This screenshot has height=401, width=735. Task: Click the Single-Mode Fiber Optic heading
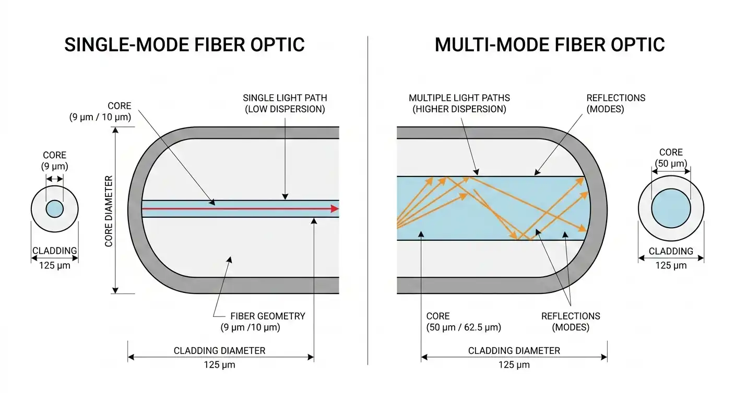coord(184,45)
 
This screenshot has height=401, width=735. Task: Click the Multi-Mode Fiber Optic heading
coord(550,45)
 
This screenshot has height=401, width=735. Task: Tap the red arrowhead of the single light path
coord(335,209)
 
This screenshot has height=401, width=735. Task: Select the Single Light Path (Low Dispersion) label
coord(285,103)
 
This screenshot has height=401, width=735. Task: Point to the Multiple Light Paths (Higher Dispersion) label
coord(459,103)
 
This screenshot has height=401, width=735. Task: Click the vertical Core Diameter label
coord(109,211)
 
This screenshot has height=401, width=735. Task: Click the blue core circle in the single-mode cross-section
coord(55,209)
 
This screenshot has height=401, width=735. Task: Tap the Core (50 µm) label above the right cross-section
coord(671,158)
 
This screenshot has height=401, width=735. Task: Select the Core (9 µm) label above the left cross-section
coord(55,161)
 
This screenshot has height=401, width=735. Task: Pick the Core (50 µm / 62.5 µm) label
coord(464,322)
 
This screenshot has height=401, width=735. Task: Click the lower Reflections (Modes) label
coord(571,322)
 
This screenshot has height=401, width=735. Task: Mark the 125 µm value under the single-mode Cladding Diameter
coord(220,365)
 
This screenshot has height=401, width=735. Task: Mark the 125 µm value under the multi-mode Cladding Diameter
coord(514,365)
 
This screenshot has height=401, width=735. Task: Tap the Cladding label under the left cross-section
coord(55,251)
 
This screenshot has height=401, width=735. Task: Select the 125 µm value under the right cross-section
coord(671,265)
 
